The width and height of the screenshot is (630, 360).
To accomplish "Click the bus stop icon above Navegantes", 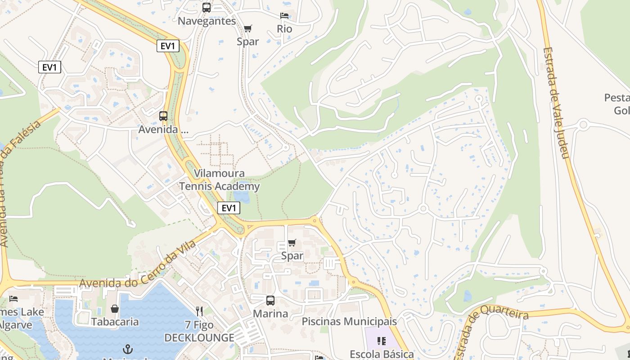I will tap(207, 7).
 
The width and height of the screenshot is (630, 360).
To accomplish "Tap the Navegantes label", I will tap(207, 21).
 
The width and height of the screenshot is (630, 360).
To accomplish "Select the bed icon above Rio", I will tap(284, 15).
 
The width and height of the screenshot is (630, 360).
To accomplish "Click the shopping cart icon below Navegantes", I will tap(247, 28).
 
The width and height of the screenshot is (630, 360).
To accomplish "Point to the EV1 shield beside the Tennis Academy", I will tap(229, 208).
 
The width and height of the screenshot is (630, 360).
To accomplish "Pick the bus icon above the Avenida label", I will tap(163, 116).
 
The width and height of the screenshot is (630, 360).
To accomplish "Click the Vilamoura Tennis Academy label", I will tap(220, 180).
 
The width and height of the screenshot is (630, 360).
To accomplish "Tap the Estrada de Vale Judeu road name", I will tap(557, 103).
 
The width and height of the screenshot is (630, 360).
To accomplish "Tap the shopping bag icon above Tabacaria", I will tap(115, 309).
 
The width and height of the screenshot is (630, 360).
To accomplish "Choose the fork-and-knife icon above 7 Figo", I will tap(199, 311).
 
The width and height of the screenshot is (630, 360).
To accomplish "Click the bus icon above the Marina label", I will tap(270, 300).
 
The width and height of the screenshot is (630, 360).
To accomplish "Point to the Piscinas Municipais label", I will tap(349, 321).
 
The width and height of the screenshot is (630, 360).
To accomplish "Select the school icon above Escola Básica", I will tap(382, 341).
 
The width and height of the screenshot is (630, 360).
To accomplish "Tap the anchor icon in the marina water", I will tap(128, 349).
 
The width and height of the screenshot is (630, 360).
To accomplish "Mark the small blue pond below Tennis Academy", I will tap(241, 197).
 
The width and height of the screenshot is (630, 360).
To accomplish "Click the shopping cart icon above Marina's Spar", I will tap(292, 243).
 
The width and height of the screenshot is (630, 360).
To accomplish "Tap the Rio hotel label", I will tap(284, 29).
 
